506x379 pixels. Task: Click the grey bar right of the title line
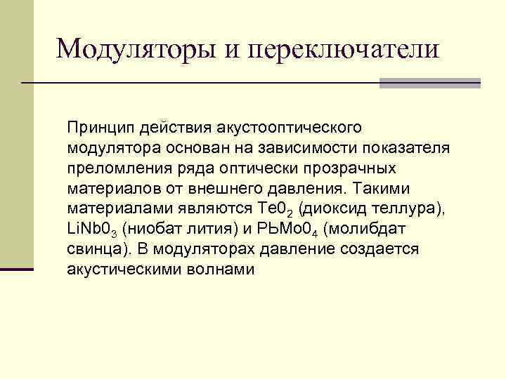429,83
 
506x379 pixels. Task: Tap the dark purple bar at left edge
16,269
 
